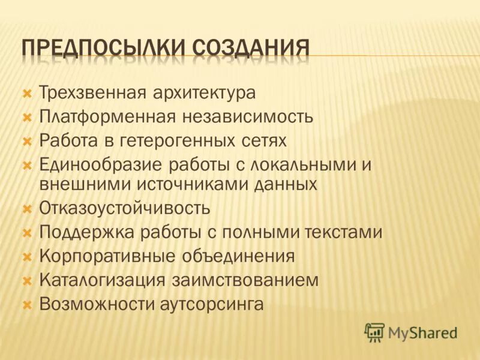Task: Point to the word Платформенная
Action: [107, 117]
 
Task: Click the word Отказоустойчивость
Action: [125, 208]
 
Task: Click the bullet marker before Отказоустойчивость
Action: [26, 209]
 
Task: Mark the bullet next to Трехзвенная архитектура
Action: [26, 94]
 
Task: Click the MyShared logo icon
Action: [375, 332]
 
